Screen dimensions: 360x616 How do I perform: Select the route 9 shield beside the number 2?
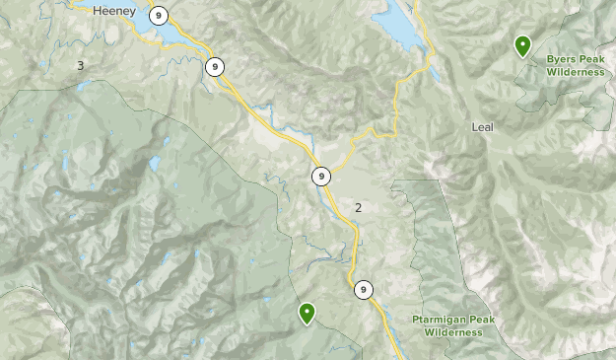[x=320, y=177]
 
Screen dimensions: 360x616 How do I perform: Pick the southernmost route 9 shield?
[x=364, y=289]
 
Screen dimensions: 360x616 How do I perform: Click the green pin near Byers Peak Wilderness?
[x=521, y=44]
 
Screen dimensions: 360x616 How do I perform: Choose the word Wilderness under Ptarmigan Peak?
[x=454, y=332]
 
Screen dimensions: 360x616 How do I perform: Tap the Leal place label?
[x=482, y=127]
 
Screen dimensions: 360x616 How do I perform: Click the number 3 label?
[x=80, y=65]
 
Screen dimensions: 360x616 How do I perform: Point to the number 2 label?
[x=358, y=207]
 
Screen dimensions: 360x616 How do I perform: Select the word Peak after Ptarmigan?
[x=483, y=320]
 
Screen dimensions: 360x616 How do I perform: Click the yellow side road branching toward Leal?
[x=398, y=99]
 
